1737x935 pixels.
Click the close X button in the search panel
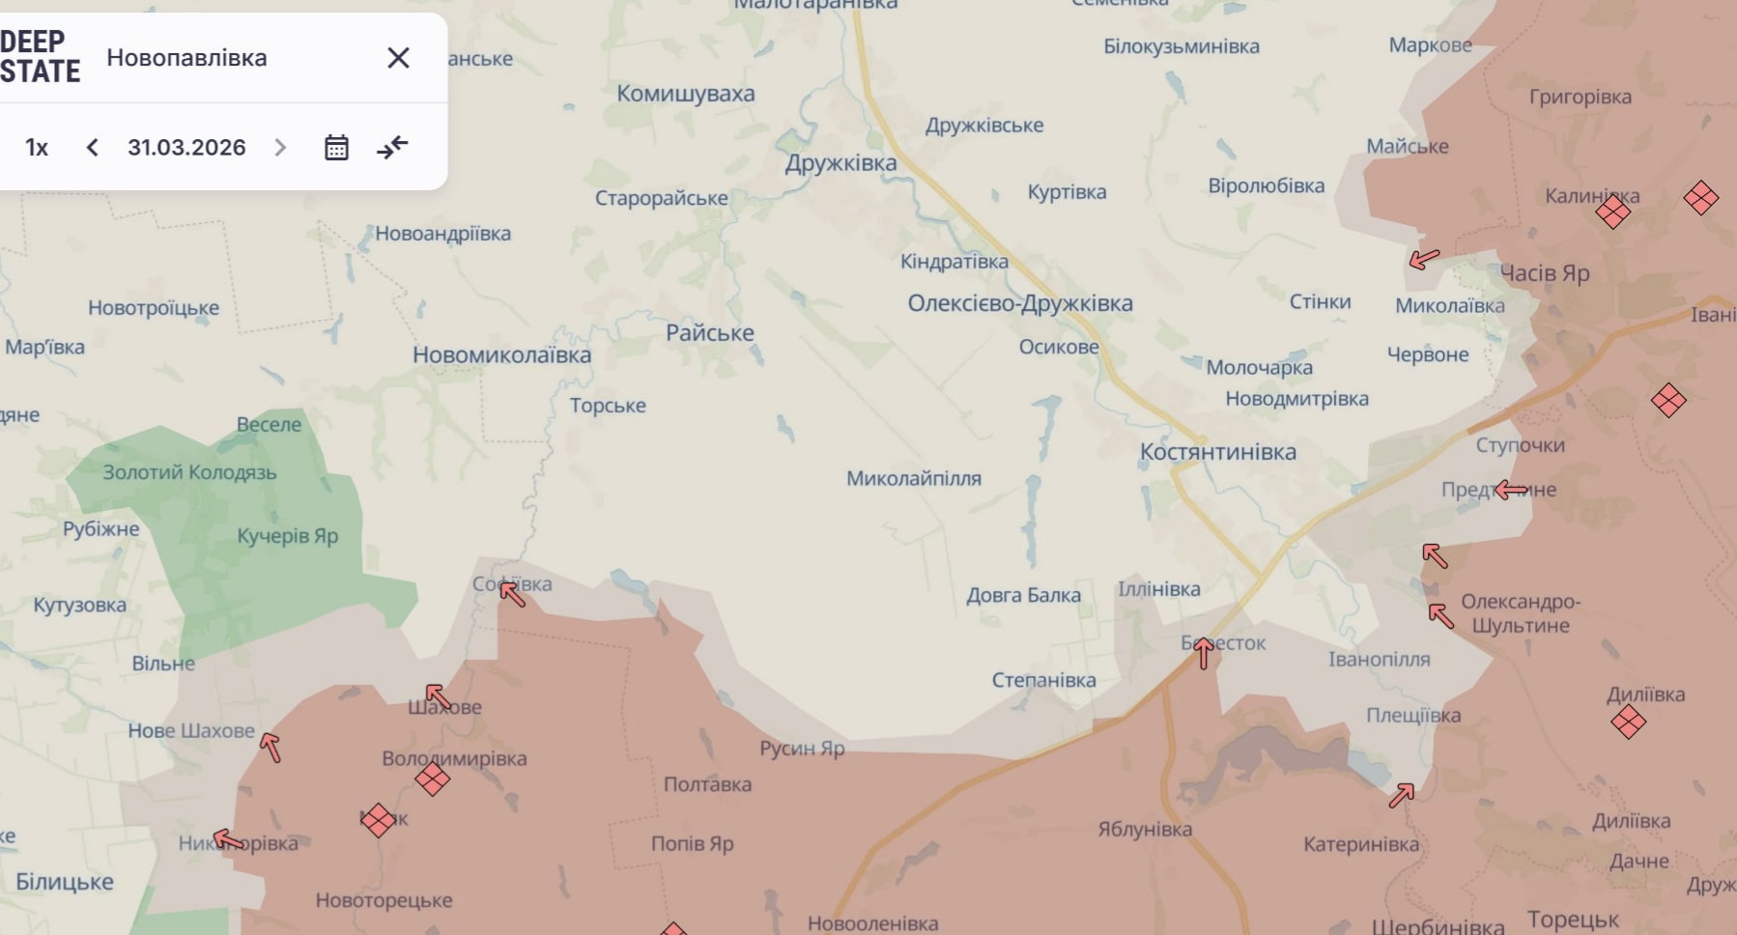(x=398, y=58)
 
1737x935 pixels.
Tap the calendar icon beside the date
(x=336, y=148)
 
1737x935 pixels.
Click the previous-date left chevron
(x=93, y=148)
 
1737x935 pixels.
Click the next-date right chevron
(x=280, y=148)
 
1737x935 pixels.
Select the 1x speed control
(x=37, y=148)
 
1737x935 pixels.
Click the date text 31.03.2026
(x=186, y=148)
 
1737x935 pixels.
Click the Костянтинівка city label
(x=1217, y=452)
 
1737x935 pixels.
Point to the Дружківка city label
(x=840, y=163)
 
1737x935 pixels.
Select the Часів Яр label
(x=1544, y=273)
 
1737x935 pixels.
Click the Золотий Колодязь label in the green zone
(x=189, y=472)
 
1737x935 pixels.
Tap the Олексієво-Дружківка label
(x=1019, y=303)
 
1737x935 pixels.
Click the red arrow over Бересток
(x=1203, y=654)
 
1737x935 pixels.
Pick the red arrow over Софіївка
(x=513, y=593)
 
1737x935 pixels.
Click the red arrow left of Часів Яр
(x=1424, y=259)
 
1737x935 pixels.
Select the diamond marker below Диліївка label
(x=1628, y=722)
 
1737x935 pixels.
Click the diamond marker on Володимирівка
(x=432, y=779)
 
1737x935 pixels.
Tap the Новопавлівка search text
(x=186, y=58)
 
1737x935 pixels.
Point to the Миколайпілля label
(x=913, y=478)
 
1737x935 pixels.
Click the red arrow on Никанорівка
(x=228, y=839)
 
